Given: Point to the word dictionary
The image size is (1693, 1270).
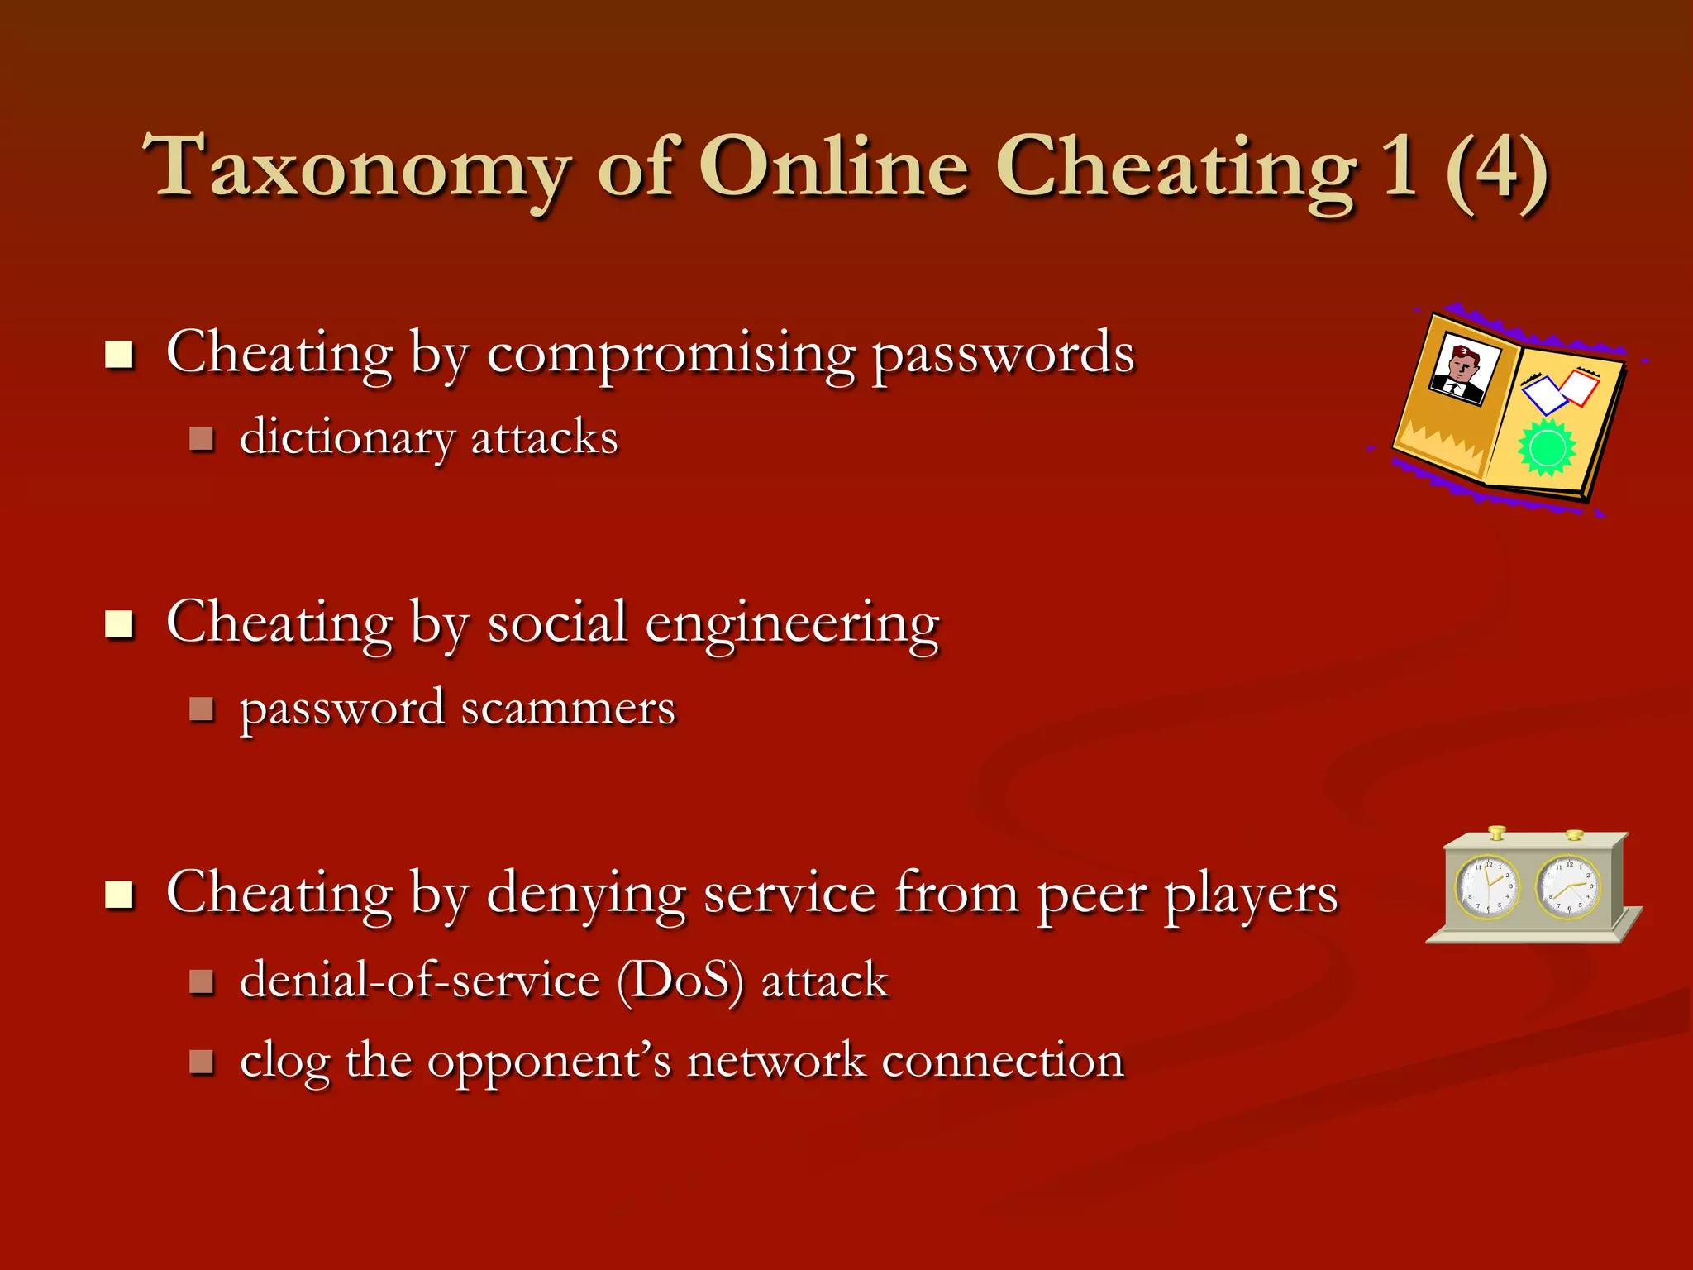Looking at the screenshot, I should [346, 438].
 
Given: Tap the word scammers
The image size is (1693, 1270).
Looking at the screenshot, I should [568, 709].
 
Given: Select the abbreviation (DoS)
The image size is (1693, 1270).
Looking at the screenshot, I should [680, 981].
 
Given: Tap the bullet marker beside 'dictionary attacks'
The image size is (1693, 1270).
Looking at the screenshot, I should [202, 438].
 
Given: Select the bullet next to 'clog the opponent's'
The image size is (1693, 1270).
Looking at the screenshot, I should [202, 1062].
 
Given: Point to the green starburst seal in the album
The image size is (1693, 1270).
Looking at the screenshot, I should [1547, 447].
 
